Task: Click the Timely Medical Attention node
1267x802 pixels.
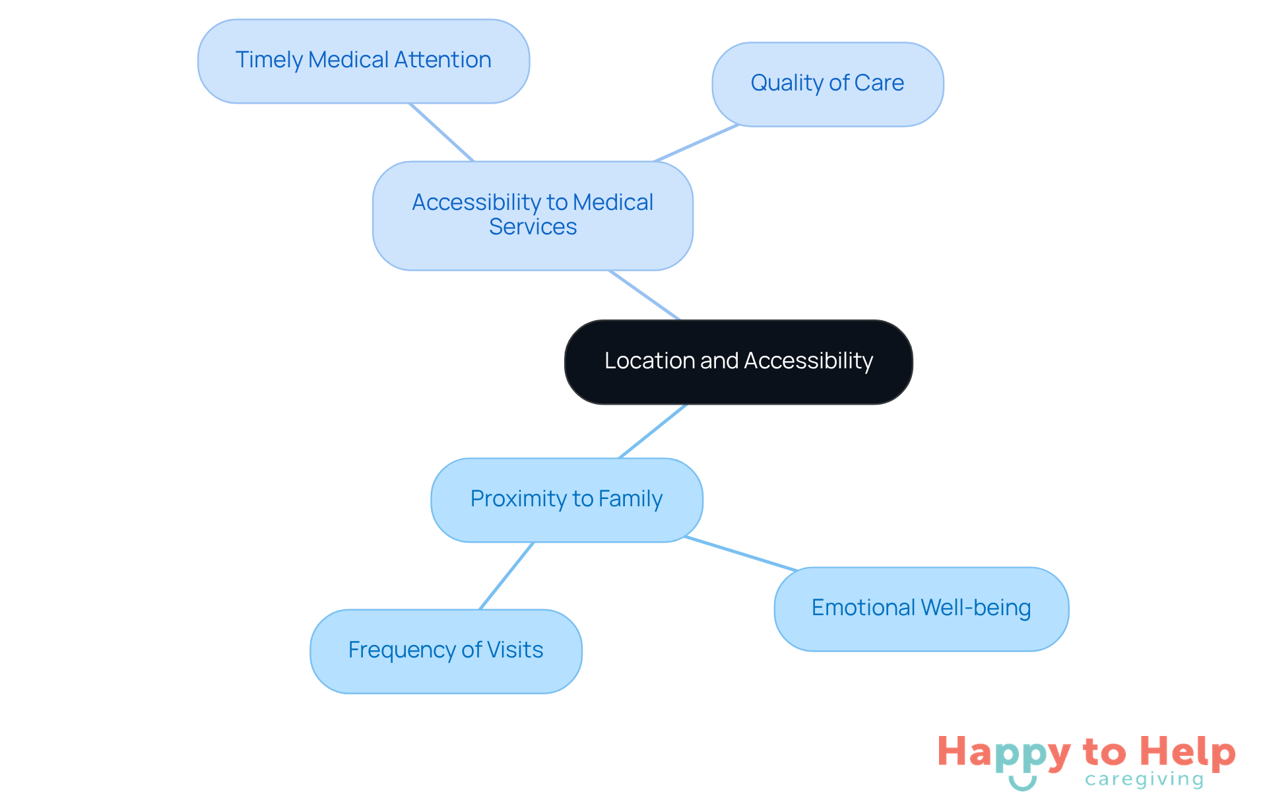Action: coord(364,61)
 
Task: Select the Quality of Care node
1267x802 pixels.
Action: coord(828,84)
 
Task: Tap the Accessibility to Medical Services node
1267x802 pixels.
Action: coord(533,215)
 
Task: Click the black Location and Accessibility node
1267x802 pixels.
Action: coord(738,362)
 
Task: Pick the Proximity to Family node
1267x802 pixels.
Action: coord(566,500)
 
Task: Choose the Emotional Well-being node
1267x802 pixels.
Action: coord(921,609)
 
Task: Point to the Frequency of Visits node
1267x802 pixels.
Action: coord(445,651)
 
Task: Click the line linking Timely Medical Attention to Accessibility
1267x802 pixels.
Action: coord(441,132)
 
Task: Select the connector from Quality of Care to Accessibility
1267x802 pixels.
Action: coord(696,143)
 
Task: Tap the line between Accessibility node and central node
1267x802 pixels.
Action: coord(644,295)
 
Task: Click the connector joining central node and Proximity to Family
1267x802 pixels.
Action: coord(653,432)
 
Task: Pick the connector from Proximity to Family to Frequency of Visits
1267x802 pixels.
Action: coord(506,576)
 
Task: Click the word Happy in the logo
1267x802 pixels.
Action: coord(1004,753)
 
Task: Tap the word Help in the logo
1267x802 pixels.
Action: coord(1187,752)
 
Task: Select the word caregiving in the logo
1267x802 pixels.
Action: coord(1144,780)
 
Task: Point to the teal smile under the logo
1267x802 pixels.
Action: coord(1022,784)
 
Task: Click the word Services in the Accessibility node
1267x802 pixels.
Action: coord(533,227)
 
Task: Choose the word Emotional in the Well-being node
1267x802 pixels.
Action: coord(863,608)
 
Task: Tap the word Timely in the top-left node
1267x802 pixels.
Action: coord(269,60)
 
